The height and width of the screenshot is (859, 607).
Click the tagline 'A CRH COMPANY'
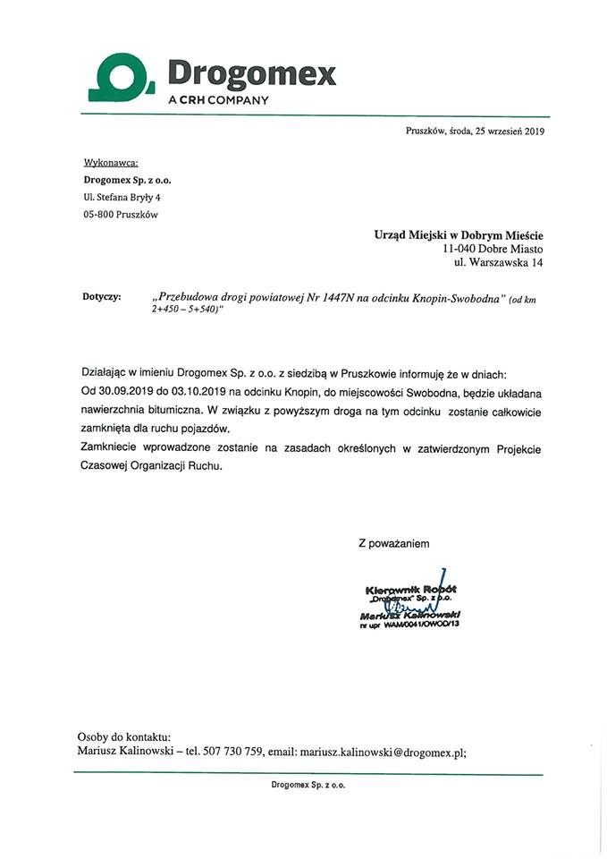click(x=218, y=100)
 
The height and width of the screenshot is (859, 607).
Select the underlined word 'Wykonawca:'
click(x=110, y=163)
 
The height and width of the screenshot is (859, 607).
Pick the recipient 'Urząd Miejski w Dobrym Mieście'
click(x=458, y=234)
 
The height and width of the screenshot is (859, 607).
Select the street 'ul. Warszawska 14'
click(x=498, y=263)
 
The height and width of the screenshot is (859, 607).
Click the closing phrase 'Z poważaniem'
click(x=394, y=542)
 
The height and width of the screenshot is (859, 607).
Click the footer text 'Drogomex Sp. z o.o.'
click(x=308, y=784)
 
